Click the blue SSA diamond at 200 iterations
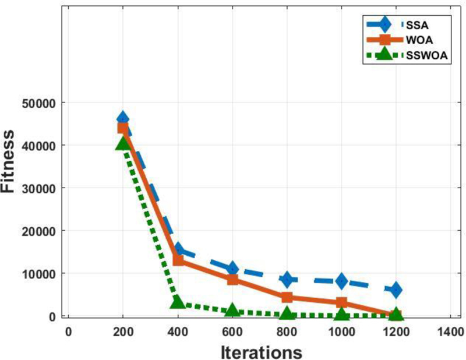(122, 119)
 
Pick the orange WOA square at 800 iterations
(287, 297)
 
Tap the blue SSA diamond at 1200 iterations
(396, 290)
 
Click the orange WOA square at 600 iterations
(232, 279)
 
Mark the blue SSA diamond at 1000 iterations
(341, 281)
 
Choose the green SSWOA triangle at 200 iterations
(122, 143)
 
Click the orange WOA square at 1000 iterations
(341, 302)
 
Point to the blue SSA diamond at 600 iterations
(232, 269)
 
